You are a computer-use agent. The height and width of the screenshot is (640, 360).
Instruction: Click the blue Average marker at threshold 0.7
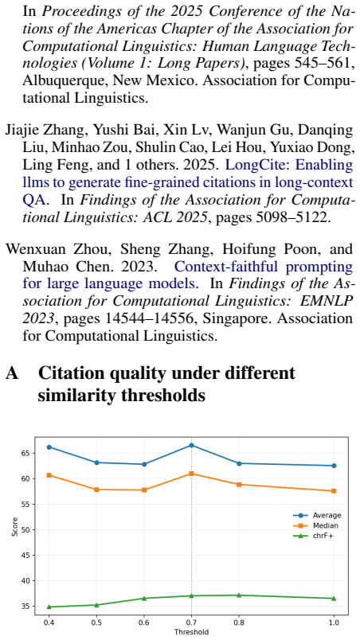[191, 445]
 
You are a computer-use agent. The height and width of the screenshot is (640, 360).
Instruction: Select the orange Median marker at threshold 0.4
[49, 475]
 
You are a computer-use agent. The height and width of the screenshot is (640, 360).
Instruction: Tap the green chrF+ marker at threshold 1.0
[334, 599]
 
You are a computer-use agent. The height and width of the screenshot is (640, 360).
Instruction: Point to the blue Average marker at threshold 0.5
[96, 462]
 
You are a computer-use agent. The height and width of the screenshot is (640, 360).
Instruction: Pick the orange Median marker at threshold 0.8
[239, 485]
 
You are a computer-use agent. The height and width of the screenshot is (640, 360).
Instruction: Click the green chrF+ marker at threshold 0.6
[143, 599]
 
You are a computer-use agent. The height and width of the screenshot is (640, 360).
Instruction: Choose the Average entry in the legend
[317, 515]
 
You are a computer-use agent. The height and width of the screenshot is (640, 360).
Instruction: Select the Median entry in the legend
[316, 525]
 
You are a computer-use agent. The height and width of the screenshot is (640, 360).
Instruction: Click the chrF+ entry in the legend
[314, 536]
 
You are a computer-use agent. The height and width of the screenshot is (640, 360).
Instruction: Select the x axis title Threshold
[191, 632]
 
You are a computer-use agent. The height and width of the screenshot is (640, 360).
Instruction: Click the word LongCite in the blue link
[248, 166]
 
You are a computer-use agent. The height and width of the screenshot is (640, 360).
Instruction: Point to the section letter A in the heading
[12, 373]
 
